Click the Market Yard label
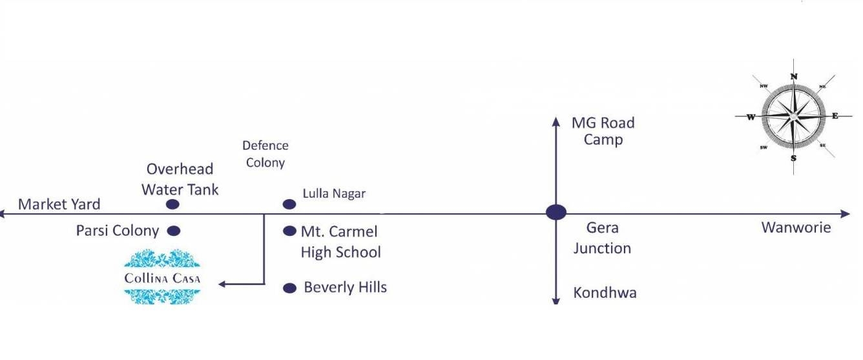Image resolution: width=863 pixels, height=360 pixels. tap(59, 204)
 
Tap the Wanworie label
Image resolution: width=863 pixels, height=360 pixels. tap(796, 228)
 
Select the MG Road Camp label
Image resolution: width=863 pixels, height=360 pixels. tap(603, 131)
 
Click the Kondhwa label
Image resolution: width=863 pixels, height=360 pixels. tap(605, 293)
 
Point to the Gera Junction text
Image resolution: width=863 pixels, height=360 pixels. tap(602, 238)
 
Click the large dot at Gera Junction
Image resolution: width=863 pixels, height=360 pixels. tap(556, 212)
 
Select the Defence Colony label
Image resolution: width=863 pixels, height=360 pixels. tap(265, 154)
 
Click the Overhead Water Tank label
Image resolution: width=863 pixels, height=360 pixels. tap(180, 179)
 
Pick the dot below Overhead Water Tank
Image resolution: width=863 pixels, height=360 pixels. tap(172, 204)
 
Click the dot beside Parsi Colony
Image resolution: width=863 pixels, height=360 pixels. tap(173, 231)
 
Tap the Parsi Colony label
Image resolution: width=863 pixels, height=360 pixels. tap(118, 231)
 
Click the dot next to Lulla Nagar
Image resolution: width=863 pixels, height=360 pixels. tap(289, 204)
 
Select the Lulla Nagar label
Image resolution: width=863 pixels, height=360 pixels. tap(334, 193)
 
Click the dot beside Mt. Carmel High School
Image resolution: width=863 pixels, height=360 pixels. tap(289, 231)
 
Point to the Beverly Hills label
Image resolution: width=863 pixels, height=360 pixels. tap(345, 287)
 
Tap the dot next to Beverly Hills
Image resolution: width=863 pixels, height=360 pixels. tap(289, 288)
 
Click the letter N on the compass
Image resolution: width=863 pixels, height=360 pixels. tap(794, 76)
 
